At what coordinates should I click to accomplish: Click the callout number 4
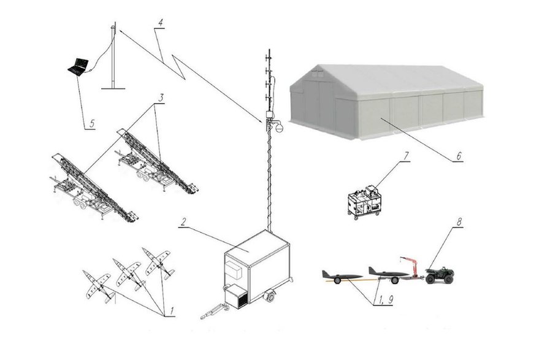tap(160, 23)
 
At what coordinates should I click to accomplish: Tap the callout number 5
tap(92, 123)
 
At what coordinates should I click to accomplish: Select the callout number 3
tap(161, 98)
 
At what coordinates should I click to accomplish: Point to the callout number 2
tap(183, 222)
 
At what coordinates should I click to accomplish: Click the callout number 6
tap(459, 155)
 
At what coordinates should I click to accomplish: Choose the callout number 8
tap(459, 222)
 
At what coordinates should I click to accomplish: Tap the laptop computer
tap(78, 66)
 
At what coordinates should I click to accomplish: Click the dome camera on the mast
tap(279, 128)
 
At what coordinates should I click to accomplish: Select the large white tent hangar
tap(386, 102)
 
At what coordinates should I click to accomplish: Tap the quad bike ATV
tap(440, 275)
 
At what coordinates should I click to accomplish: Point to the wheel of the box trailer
tap(270, 296)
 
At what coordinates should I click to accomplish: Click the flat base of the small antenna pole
tap(113, 88)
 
